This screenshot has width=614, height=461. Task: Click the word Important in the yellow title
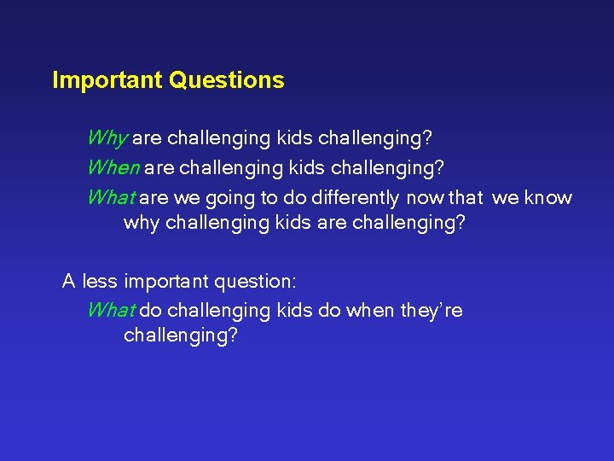point(108,81)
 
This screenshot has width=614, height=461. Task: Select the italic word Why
point(107,138)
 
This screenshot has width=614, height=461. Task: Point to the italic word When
point(113,168)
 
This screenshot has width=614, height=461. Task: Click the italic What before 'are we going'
point(111,198)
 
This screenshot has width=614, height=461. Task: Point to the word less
point(101,281)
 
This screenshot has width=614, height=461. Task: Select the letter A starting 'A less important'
point(68,281)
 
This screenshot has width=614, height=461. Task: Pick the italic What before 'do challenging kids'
point(111,311)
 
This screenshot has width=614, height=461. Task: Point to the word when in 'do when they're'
point(370,311)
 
